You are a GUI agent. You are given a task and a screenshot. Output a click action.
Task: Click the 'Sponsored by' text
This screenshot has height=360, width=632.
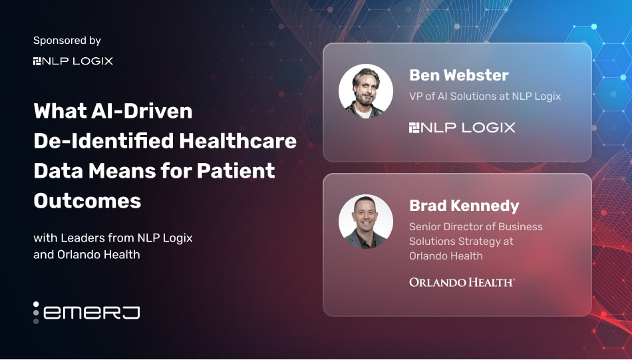67,41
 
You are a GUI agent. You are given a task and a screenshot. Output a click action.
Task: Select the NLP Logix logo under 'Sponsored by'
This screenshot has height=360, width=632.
73,61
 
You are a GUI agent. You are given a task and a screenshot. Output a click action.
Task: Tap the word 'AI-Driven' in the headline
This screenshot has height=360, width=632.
142,111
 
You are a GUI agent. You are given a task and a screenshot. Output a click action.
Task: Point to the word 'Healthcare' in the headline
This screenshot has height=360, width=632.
237,141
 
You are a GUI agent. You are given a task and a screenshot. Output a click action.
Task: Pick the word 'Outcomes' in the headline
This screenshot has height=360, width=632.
87,201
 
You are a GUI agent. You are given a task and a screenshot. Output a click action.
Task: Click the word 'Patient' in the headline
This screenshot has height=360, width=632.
236,171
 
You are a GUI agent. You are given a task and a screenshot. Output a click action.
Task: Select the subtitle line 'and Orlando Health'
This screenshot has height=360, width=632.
86,255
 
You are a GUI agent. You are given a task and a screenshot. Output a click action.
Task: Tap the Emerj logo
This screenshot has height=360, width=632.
86,313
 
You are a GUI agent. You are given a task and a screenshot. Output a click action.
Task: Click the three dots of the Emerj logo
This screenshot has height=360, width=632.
36,313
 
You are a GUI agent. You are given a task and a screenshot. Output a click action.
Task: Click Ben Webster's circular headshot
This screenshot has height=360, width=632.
366,91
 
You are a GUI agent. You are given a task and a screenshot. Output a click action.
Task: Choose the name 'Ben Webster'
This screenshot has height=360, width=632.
458,75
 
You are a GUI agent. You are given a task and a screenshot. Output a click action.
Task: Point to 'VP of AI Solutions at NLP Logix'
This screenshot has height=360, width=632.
485,96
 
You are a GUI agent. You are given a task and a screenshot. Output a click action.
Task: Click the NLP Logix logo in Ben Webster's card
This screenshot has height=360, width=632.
462,128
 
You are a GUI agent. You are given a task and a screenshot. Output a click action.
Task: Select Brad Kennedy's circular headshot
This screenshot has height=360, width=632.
366,222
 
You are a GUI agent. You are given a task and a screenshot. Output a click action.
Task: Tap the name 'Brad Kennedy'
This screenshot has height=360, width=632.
464,206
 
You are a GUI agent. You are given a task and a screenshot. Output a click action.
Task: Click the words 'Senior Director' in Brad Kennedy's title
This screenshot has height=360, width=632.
445,226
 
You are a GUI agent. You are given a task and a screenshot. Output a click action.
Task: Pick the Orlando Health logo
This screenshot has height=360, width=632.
462,282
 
